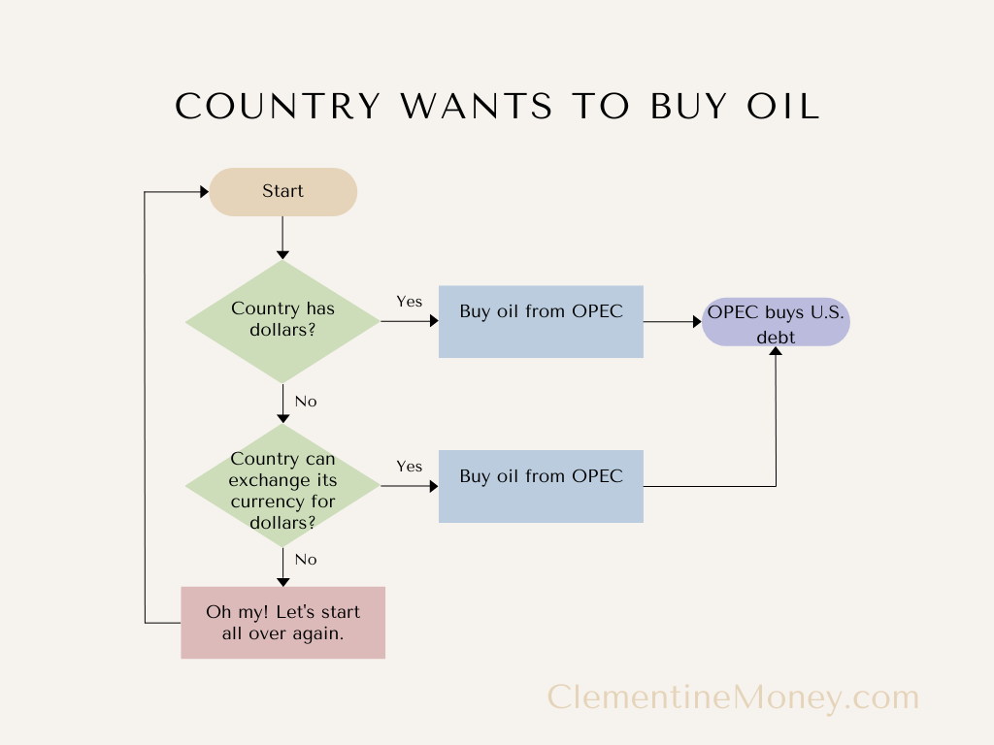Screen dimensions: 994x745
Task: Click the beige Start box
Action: click(283, 192)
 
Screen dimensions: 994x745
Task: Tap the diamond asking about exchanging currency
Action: click(282, 491)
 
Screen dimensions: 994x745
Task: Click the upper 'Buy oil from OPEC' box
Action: click(541, 321)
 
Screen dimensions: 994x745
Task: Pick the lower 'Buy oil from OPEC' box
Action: click(541, 486)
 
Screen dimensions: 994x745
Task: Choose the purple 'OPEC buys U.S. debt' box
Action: click(777, 323)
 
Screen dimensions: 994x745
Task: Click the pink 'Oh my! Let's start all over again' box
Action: click(282, 623)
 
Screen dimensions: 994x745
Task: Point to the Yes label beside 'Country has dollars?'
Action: click(410, 302)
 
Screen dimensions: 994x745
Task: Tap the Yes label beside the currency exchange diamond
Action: click(410, 467)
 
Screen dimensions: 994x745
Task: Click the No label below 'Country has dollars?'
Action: click(306, 402)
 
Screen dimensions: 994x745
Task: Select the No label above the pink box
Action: click(306, 560)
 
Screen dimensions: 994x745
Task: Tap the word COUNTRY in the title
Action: click(279, 107)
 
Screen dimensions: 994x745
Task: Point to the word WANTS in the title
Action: click(471, 107)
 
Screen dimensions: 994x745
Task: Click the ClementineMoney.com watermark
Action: click(733, 696)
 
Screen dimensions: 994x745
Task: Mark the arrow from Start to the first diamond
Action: click(282, 238)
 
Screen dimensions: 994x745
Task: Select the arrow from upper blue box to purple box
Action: click(672, 321)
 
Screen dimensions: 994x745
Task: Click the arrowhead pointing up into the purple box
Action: click(776, 352)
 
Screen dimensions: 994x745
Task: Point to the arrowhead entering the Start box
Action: click(204, 192)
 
